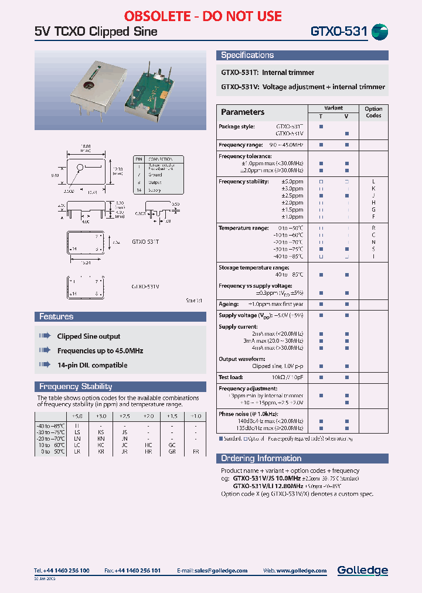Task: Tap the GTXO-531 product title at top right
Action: tap(339, 32)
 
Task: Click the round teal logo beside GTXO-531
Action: tap(380, 32)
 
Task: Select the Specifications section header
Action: tap(247, 55)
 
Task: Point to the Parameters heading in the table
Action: tap(243, 112)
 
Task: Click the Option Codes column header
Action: tap(373, 112)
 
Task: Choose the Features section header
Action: tap(56, 316)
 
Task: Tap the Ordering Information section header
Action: tap(261, 458)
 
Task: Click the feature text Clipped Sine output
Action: tap(89, 336)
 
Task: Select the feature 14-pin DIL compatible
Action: tap(92, 365)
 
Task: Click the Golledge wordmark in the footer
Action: tap(362, 570)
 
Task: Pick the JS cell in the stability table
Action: tap(124, 431)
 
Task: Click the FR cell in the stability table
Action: tap(196, 452)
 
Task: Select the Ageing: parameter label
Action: tap(229, 304)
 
